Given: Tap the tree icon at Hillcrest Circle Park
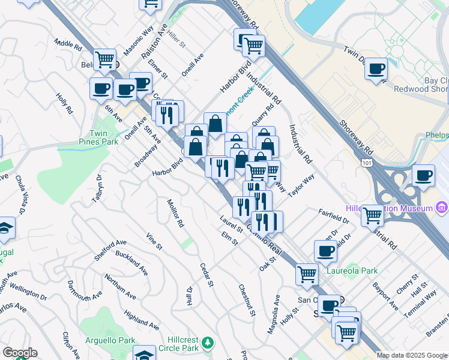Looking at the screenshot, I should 208,343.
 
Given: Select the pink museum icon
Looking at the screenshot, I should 443,208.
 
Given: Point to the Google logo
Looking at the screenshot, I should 20,353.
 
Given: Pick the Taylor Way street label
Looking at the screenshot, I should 301,187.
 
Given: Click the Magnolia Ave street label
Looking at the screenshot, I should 277,308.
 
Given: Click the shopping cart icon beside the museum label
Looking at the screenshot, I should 372,214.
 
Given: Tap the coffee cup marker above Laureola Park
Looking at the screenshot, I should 325,251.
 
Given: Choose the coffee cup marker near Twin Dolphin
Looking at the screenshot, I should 376,68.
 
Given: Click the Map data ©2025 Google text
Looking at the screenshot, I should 412,355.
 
